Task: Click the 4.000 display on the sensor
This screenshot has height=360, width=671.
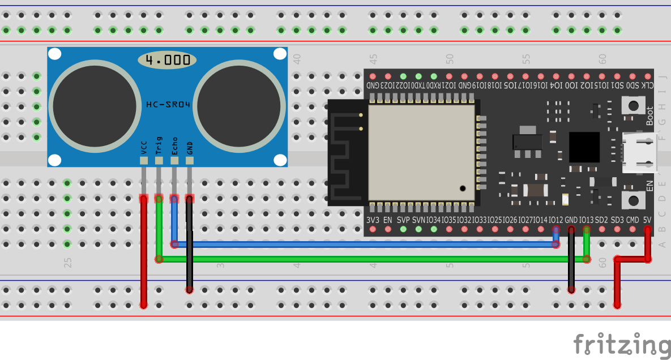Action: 167,59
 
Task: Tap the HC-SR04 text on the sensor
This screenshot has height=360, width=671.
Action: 168,104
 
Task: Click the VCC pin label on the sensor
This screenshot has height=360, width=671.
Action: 144,148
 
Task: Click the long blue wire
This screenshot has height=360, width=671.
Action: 362,245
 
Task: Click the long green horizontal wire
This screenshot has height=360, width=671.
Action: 374,259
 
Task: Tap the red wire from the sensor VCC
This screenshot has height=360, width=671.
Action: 144,255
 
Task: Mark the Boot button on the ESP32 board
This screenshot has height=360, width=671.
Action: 631,105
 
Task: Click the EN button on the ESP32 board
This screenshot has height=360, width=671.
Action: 631,200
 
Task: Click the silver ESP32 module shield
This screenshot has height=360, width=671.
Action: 421,152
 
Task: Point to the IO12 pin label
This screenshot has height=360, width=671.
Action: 556,220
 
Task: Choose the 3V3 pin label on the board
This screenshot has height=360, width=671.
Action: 373,220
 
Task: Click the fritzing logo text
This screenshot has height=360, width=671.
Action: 621,345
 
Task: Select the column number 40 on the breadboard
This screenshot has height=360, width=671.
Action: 297,58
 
